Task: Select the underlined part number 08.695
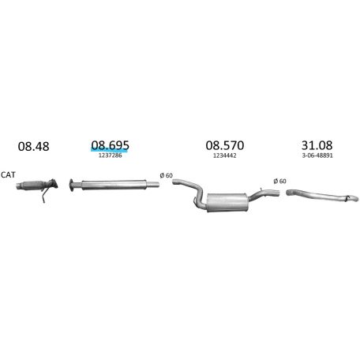tap(110, 144)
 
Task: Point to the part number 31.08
tap(316, 145)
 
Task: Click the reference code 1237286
tap(109, 157)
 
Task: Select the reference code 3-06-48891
tap(316, 157)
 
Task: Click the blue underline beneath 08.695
tap(110, 152)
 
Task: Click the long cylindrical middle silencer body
tap(114, 186)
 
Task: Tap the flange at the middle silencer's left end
tap(73, 186)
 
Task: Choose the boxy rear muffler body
tap(226, 202)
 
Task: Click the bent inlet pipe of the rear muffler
tap(189, 192)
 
